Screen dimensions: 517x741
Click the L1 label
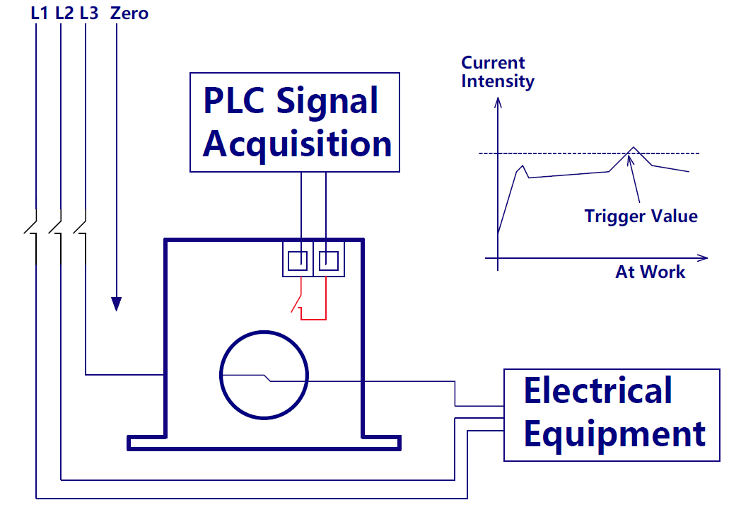40,13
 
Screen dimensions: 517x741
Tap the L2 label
64,13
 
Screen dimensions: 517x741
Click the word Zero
129,13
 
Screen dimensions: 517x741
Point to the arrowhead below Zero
117,304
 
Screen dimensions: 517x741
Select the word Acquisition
297,144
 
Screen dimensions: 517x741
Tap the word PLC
233,101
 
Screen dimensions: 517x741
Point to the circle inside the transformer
264,374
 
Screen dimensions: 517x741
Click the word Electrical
597,391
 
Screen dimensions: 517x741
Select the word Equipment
614,433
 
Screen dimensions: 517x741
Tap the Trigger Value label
641,216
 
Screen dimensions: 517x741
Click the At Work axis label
650,272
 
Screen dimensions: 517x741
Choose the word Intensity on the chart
498,81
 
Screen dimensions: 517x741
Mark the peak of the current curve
634,148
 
